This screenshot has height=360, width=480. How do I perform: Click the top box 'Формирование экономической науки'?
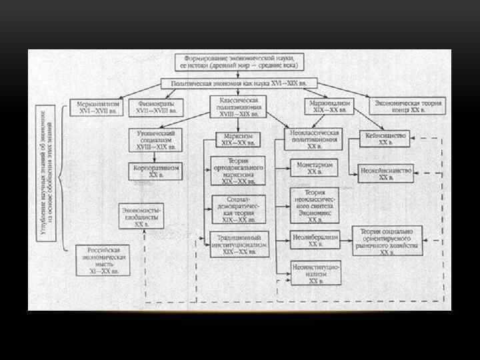coord(239,62)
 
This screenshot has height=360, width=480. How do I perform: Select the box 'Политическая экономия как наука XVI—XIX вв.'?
coord(239,84)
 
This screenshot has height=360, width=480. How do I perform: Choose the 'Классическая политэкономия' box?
coord(238,106)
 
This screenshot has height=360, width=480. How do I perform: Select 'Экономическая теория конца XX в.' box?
coord(409,107)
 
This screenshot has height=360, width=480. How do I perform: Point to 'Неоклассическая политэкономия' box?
coord(315,139)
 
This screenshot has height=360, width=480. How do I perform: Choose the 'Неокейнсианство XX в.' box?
coord(386,173)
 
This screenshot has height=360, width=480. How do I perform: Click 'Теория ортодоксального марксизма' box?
coord(238,171)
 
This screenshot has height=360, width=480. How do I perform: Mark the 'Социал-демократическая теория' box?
coord(238,209)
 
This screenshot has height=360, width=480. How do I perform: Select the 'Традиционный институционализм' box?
coord(238,244)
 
